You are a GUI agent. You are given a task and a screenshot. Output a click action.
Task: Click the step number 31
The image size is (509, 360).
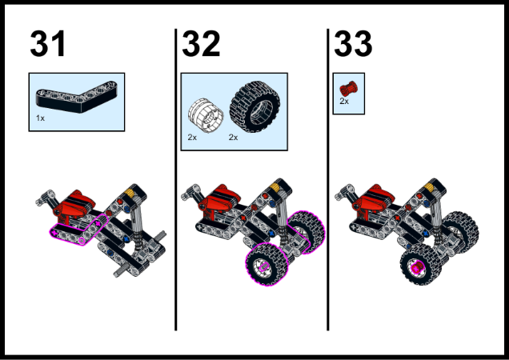pyautogui.click(x=49, y=45)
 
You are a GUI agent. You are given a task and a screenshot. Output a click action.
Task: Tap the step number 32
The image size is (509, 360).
pyautogui.click(x=201, y=45)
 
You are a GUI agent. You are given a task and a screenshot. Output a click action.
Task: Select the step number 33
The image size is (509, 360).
pyautogui.click(x=353, y=45)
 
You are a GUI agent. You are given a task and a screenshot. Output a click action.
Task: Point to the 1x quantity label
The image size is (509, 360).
pyautogui.click(x=40, y=118)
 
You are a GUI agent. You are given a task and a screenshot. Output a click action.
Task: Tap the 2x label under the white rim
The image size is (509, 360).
pyautogui.click(x=192, y=138)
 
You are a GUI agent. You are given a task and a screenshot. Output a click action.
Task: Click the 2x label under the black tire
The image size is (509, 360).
pyautogui.click(x=234, y=138)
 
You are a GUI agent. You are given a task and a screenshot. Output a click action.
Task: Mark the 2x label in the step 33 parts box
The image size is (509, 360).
pyautogui.click(x=344, y=102)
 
